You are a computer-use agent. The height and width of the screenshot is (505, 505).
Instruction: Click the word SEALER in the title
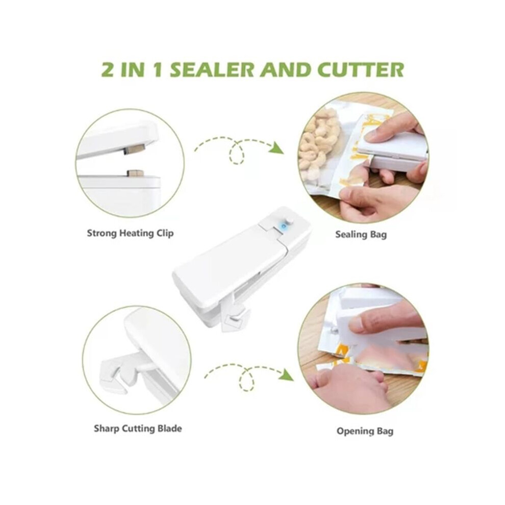pos(212,69)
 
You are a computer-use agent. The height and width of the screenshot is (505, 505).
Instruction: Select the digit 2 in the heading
pos(108,69)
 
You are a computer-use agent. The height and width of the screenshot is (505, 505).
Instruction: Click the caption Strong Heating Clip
pos(130,233)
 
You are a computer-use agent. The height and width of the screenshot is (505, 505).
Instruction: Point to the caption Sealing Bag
pos(361,235)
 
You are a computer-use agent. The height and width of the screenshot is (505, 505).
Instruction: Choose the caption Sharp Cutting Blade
pos(138,428)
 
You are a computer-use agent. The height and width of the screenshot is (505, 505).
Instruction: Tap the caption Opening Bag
pos(365,431)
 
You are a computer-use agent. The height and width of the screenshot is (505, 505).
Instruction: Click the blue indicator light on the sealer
pos(284,226)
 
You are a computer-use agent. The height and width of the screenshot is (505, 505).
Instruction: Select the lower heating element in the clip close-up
pos(135,173)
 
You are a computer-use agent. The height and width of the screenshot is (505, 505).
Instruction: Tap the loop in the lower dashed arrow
pos(247,379)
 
